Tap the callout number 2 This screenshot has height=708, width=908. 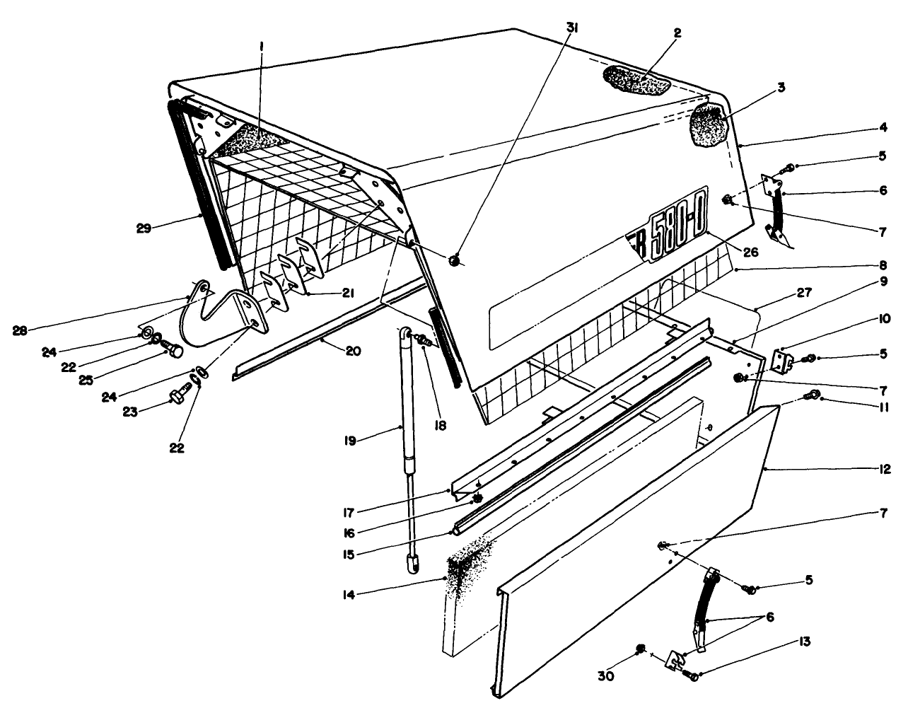pos(677,33)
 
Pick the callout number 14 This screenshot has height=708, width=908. pos(422,594)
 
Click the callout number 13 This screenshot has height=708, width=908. pos(804,643)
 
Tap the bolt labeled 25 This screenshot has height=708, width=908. pos(173,349)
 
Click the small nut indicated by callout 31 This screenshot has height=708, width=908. pos(455,261)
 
